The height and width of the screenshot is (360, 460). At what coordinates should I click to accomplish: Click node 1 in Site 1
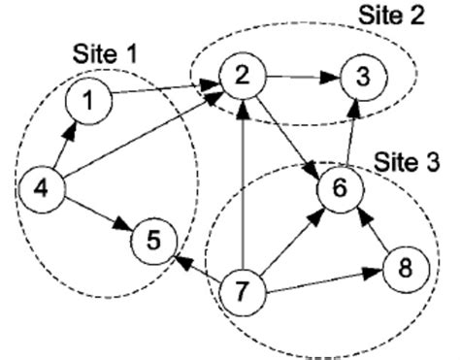click(x=87, y=100)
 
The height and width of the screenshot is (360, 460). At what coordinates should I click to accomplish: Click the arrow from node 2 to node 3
click(x=300, y=76)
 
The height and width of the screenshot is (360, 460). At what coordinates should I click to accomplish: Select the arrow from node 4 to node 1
click(x=63, y=143)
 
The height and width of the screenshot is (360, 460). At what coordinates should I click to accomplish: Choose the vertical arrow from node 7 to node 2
click(x=240, y=184)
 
